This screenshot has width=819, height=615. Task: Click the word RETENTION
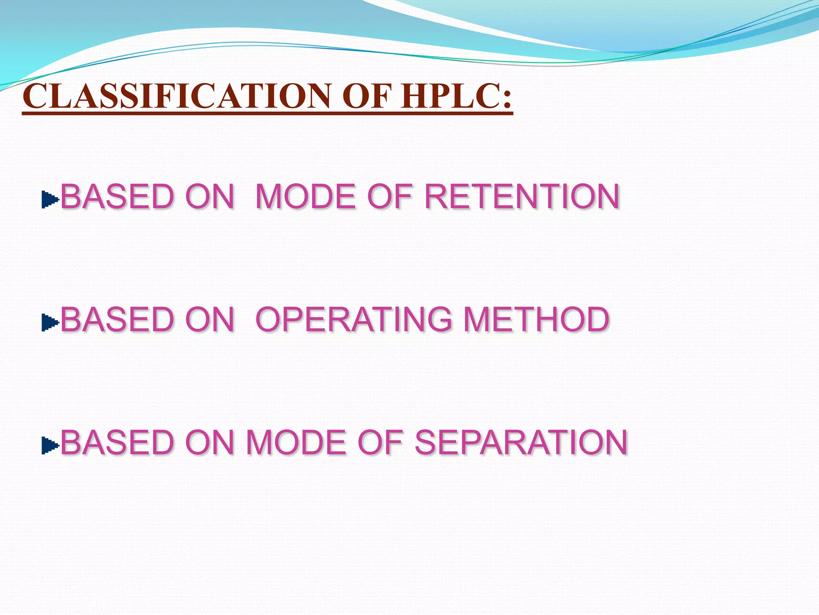pyautogui.click(x=521, y=197)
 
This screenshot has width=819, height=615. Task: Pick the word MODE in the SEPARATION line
pyautogui.click(x=296, y=442)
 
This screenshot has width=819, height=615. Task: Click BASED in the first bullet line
pyautogui.click(x=117, y=197)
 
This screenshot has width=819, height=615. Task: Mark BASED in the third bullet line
pyautogui.click(x=117, y=442)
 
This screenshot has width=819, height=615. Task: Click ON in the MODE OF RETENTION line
pyautogui.click(x=210, y=197)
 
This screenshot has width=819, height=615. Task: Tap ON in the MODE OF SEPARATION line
pyautogui.click(x=210, y=442)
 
